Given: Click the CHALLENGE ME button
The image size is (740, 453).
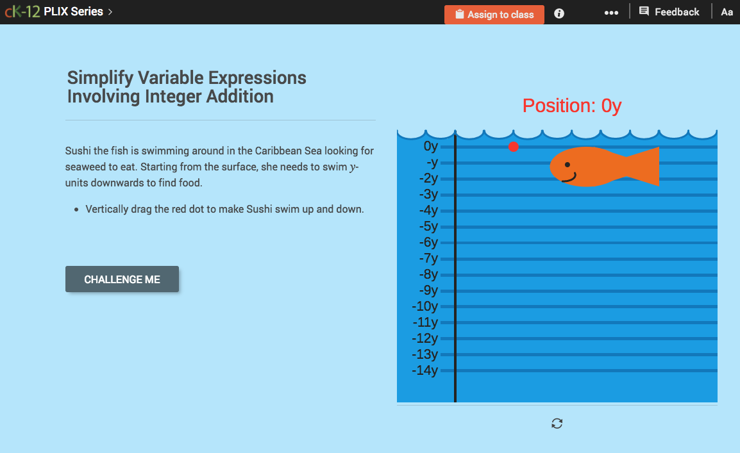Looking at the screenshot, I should point(122,279).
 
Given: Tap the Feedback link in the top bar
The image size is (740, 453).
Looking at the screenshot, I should point(669,12).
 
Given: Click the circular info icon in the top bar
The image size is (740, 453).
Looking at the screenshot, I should point(559,13).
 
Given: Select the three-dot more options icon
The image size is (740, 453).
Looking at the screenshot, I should point(611,13).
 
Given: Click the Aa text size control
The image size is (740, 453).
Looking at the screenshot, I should point(727,12).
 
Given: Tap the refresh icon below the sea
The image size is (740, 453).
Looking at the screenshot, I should point(557,423).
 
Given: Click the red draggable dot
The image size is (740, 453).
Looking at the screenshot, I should point(513,147).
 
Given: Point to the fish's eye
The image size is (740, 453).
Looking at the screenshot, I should point(567,165).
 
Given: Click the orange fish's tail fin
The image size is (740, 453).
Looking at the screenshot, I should point(644,167).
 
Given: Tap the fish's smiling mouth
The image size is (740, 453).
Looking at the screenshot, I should point(569,177).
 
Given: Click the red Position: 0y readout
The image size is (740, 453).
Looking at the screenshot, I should point(571,106).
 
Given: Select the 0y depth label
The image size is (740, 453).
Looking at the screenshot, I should point(430,146).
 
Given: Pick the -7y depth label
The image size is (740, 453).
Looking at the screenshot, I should point(428,258).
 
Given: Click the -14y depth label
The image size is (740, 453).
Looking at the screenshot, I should point(425,370).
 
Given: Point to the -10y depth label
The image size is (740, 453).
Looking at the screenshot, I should point(425,306).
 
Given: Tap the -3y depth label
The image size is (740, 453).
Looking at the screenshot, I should point(428,194).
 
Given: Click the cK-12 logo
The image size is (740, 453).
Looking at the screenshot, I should point(22,12).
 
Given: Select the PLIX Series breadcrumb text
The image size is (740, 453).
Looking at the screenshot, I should point(73,12).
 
